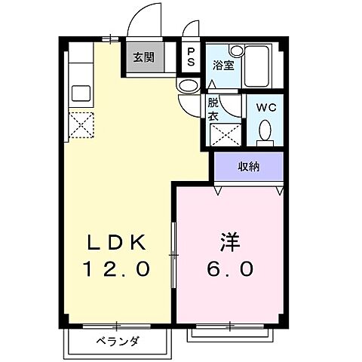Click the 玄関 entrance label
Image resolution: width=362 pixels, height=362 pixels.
(x=145, y=57)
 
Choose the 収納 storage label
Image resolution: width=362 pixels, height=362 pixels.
(x=250, y=167)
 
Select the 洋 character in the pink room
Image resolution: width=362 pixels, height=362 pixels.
(x=230, y=243)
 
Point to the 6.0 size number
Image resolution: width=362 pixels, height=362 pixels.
(x=230, y=268)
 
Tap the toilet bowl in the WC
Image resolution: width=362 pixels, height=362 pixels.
(x=265, y=133)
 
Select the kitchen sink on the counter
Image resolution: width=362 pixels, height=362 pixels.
(x=81, y=94)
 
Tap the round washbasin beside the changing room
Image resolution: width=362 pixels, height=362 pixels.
(x=186, y=85)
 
